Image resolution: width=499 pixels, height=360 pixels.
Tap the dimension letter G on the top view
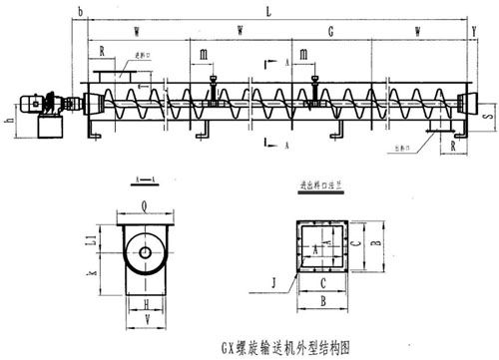tap(329, 31)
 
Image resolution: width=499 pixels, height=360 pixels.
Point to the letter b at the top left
tap(79, 12)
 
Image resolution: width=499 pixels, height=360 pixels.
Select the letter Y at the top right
tap(472, 31)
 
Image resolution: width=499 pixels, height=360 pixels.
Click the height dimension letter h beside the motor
tap(8, 123)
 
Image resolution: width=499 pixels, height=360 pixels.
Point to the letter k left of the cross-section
tap(90, 272)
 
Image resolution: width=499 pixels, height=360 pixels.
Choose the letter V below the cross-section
tap(147, 319)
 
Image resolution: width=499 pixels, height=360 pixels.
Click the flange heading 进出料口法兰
tap(320, 184)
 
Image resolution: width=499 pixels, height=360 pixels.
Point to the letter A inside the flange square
tap(317, 246)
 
